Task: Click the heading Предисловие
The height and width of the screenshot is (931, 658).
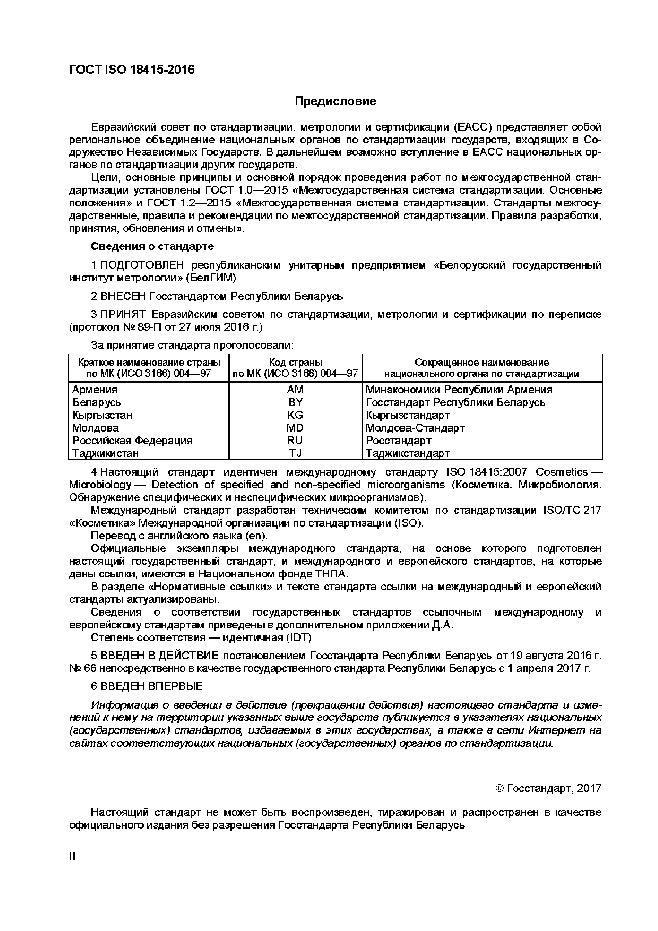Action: pos(335,101)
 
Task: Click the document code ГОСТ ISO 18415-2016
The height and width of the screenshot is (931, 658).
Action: pos(132,70)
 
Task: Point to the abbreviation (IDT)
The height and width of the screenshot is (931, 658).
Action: pos(299,637)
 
